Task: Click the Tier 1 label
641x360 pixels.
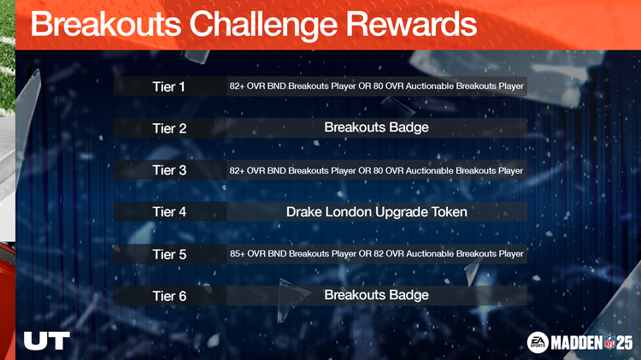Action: click(x=169, y=86)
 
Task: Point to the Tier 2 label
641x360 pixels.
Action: click(x=169, y=128)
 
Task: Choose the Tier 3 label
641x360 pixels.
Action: click(x=169, y=170)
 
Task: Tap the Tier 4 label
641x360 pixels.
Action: click(x=169, y=211)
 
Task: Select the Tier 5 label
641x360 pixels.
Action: click(x=169, y=254)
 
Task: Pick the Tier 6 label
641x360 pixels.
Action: click(x=169, y=296)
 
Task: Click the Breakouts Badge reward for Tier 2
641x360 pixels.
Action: click(x=376, y=127)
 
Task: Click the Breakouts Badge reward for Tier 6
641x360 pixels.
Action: click(x=376, y=295)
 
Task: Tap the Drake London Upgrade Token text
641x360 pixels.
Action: click(x=376, y=211)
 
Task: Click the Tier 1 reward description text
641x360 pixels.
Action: click(x=376, y=86)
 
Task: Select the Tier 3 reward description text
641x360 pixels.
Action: click(x=376, y=170)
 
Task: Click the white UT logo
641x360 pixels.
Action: click(x=46, y=340)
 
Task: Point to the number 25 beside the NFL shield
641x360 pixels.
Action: click(x=624, y=342)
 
